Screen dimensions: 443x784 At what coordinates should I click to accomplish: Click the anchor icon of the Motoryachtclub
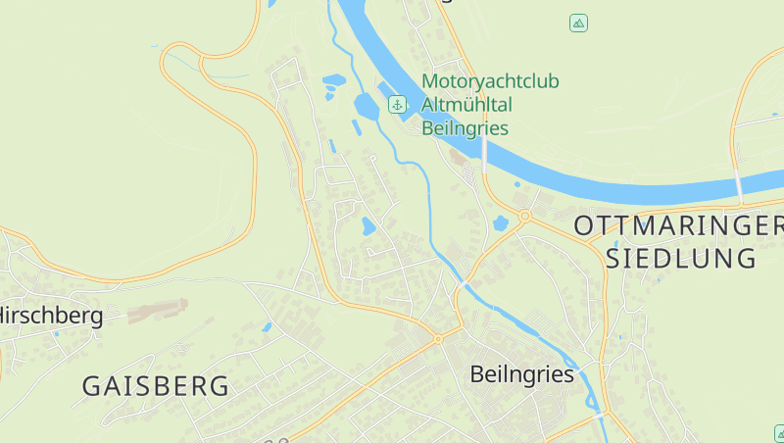pyautogui.click(x=397, y=104)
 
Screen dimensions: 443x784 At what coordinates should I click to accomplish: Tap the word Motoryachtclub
pyautogui.click(x=490, y=81)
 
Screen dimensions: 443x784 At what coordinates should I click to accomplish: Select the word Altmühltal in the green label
pyautogui.click(x=467, y=105)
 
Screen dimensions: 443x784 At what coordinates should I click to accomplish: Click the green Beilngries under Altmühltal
pyautogui.click(x=465, y=127)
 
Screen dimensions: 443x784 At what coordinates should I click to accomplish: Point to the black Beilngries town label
pyautogui.click(x=521, y=373)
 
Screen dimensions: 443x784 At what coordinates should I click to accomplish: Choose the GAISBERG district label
pyautogui.click(x=156, y=386)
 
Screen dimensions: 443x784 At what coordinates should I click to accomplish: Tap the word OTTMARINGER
pyautogui.click(x=678, y=225)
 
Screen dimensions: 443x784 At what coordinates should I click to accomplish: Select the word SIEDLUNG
pyautogui.click(x=682, y=259)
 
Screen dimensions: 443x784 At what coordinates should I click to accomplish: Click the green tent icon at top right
pyautogui.click(x=578, y=23)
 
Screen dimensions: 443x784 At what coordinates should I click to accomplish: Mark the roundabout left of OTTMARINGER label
pyautogui.click(x=525, y=215)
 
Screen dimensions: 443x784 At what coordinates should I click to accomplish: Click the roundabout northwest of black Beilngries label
pyautogui.click(x=438, y=338)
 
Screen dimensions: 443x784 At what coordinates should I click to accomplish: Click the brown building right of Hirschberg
pyautogui.click(x=157, y=311)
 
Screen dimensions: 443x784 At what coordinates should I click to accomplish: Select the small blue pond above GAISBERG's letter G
pyautogui.click(x=266, y=327)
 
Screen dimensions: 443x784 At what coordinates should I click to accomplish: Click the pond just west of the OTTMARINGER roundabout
pyautogui.click(x=501, y=222)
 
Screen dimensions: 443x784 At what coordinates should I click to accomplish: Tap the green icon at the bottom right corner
pyautogui.click(x=778, y=431)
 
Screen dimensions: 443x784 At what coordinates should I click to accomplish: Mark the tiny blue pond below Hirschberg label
pyautogui.click(x=56, y=334)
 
